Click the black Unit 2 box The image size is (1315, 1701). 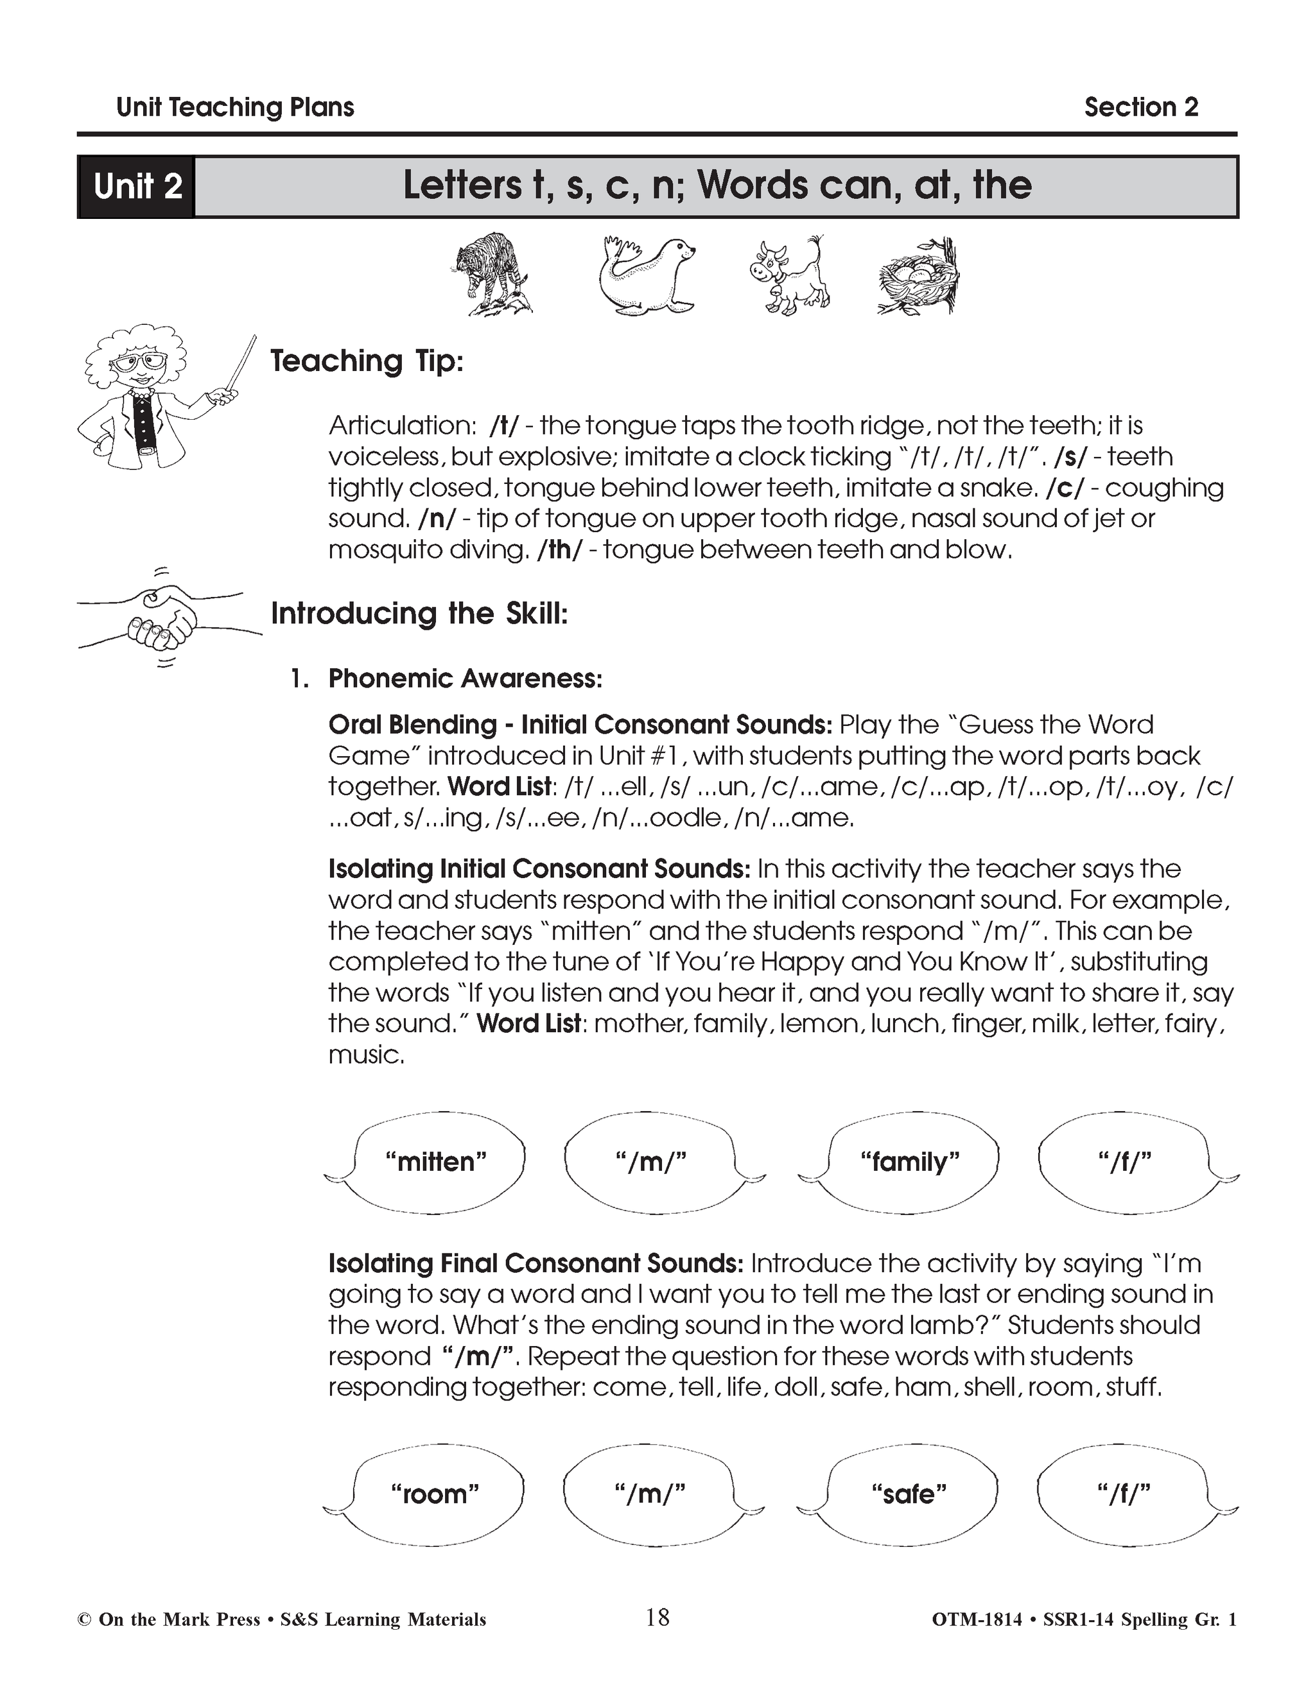(136, 187)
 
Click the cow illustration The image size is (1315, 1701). (789, 277)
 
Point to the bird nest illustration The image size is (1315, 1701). (919, 277)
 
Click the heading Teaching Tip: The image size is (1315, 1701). (366, 361)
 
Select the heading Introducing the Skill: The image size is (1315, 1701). (419, 614)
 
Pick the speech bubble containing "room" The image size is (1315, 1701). (435, 1494)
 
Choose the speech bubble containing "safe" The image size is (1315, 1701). (909, 1494)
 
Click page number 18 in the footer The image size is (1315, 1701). (657, 1618)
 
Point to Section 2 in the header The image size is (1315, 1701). (1140, 107)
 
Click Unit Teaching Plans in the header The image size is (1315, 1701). (234, 107)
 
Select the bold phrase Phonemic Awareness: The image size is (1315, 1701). (465, 678)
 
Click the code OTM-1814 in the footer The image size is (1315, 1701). (976, 1620)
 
